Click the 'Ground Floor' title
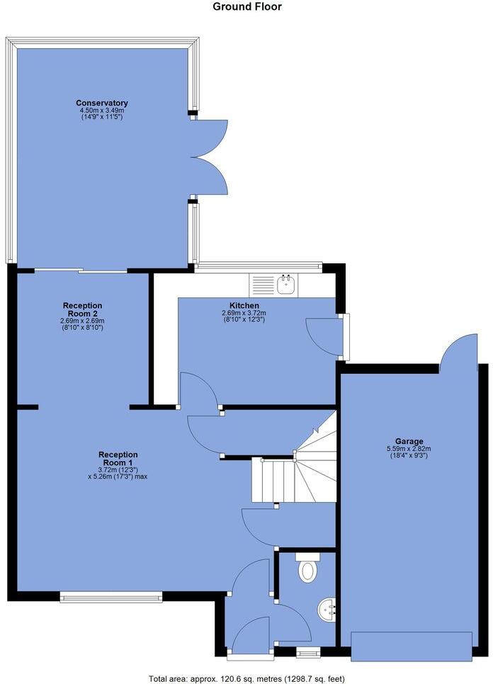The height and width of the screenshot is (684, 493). click(247, 7)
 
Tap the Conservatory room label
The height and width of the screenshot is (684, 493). click(104, 103)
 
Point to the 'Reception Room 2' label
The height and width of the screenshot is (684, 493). click(82, 309)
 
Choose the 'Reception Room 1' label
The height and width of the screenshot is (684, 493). click(118, 459)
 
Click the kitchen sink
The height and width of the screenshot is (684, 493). click(287, 285)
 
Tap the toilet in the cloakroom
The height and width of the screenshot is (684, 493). click(307, 569)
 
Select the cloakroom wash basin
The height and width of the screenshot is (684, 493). click(328, 610)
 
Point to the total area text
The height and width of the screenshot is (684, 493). click(246, 676)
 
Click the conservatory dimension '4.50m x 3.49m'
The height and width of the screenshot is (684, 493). click(102, 110)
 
